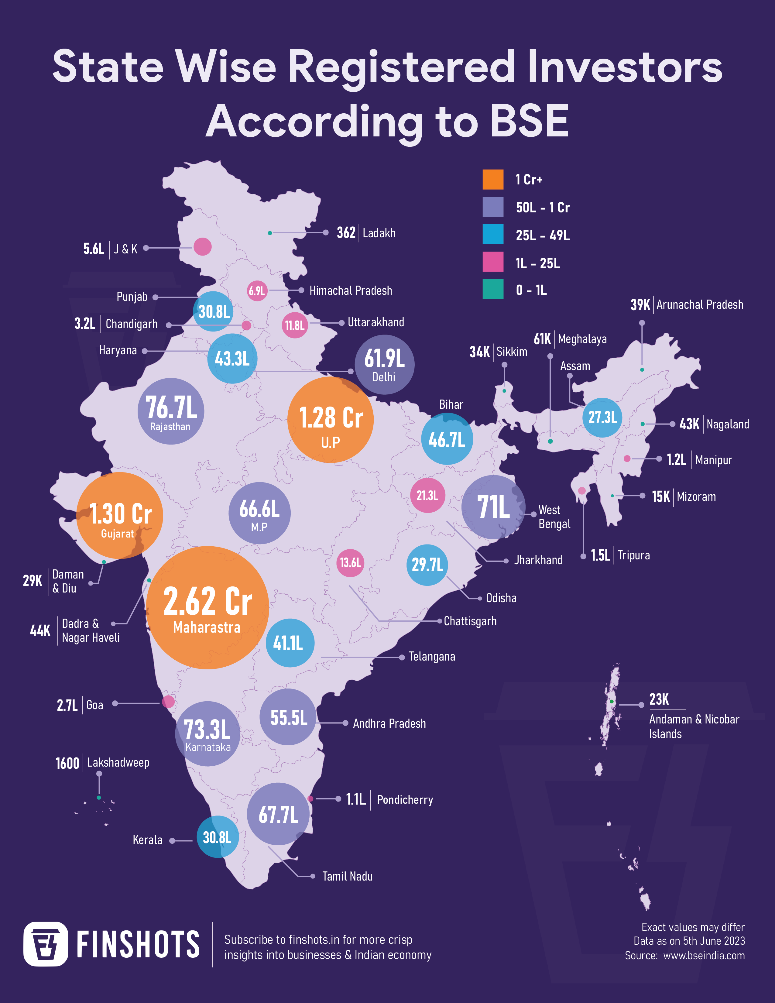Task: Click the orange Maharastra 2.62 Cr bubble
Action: [x=207, y=607]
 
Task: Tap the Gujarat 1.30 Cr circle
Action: [x=119, y=515]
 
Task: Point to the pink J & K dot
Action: [x=202, y=247]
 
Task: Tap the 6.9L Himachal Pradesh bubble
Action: [x=257, y=291]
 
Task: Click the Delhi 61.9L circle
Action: [x=384, y=365]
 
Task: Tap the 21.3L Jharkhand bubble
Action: [x=427, y=496]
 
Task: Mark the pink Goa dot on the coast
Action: [x=169, y=701]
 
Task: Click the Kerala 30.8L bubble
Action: [x=217, y=837]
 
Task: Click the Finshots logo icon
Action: [x=46, y=944]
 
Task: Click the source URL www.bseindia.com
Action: [x=704, y=956]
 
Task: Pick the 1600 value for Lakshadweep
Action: [x=67, y=763]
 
